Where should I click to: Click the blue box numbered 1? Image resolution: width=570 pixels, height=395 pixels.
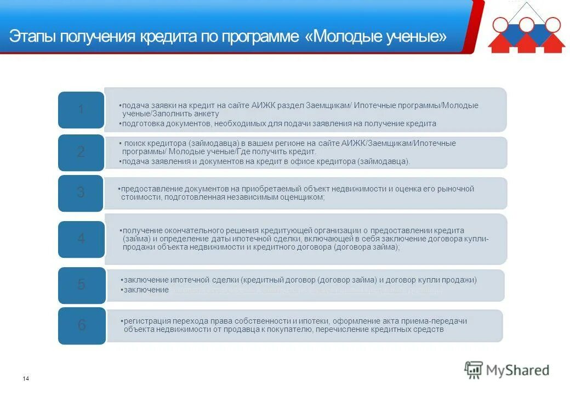(81, 109)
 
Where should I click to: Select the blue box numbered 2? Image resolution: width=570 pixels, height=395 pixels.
(81, 152)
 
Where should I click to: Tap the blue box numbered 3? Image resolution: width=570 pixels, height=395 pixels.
(81, 193)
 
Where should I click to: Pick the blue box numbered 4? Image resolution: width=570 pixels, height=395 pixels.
(81, 239)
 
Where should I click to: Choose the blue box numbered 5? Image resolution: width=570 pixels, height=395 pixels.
(81, 284)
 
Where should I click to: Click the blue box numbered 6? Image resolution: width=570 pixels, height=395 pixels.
(81, 325)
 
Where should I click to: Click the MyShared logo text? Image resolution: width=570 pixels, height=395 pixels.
(517, 370)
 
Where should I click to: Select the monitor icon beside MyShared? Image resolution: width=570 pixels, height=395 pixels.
(474, 370)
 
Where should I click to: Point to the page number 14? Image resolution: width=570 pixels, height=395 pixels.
(26, 379)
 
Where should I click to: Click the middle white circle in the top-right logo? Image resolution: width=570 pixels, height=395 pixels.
(526, 24)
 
